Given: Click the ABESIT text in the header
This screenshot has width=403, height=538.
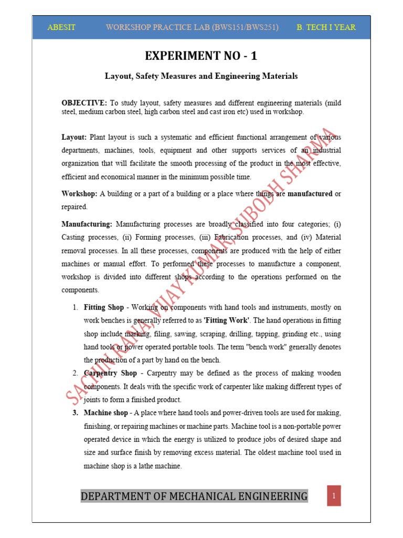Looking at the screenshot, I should click(x=61, y=27).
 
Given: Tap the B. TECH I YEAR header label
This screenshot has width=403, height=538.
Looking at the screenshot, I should click(x=326, y=27).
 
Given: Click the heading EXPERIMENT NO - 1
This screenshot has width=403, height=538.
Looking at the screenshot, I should click(x=201, y=56).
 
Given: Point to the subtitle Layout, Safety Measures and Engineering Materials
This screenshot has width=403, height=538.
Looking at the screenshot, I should click(x=201, y=76).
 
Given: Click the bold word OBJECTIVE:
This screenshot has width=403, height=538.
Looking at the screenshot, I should click(x=84, y=102).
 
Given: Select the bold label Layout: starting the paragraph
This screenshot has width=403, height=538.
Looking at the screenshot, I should click(x=74, y=137).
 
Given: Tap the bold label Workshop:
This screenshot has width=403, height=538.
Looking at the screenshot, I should click(x=79, y=194).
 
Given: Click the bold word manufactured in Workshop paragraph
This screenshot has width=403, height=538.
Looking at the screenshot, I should click(x=310, y=194).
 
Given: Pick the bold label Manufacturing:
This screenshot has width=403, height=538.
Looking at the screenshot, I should click(x=87, y=224).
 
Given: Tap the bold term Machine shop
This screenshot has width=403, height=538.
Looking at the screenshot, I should click(x=105, y=412).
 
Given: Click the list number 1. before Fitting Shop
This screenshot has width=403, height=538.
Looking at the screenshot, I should click(x=76, y=307).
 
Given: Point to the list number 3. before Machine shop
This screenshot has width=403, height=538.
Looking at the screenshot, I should click(x=76, y=412).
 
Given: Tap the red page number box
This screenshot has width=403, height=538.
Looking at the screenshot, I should click(x=334, y=495).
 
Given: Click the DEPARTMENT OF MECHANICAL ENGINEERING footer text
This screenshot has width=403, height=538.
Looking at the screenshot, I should click(x=194, y=496).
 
